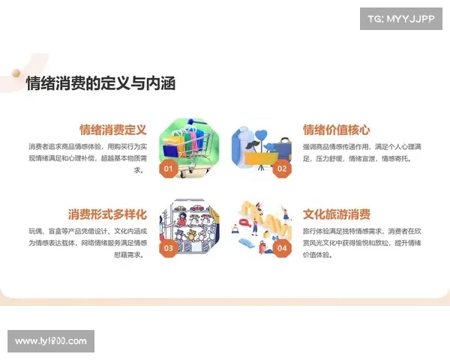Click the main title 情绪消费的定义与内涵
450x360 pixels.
click(x=100, y=83)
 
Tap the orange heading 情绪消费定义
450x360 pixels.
click(x=113, y=130)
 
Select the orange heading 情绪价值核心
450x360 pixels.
click(x=337, y=130)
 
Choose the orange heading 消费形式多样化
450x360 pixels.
click(x=107, y=214)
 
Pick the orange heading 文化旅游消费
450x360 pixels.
click(x=337, y=214)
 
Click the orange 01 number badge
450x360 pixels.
click(x=169, y=169)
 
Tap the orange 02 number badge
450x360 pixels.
click(x=282, y=169)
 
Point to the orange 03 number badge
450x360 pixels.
click(x=169, y=248)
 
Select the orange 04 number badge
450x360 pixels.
click(x=282, y=248)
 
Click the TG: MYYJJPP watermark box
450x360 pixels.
click(x=401, y=19)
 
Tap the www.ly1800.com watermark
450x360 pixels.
click(x=51, y=341)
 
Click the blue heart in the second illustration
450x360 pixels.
click(x=261, y=135)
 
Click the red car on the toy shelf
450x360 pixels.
click(x=196, y=207)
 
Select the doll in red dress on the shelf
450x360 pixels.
click(x=181, y=220)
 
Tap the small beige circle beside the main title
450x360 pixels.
click(x=16, y=73)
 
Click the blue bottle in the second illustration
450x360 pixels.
click(x=240, y=146)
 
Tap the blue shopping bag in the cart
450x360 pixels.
click(x=170, y=151)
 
